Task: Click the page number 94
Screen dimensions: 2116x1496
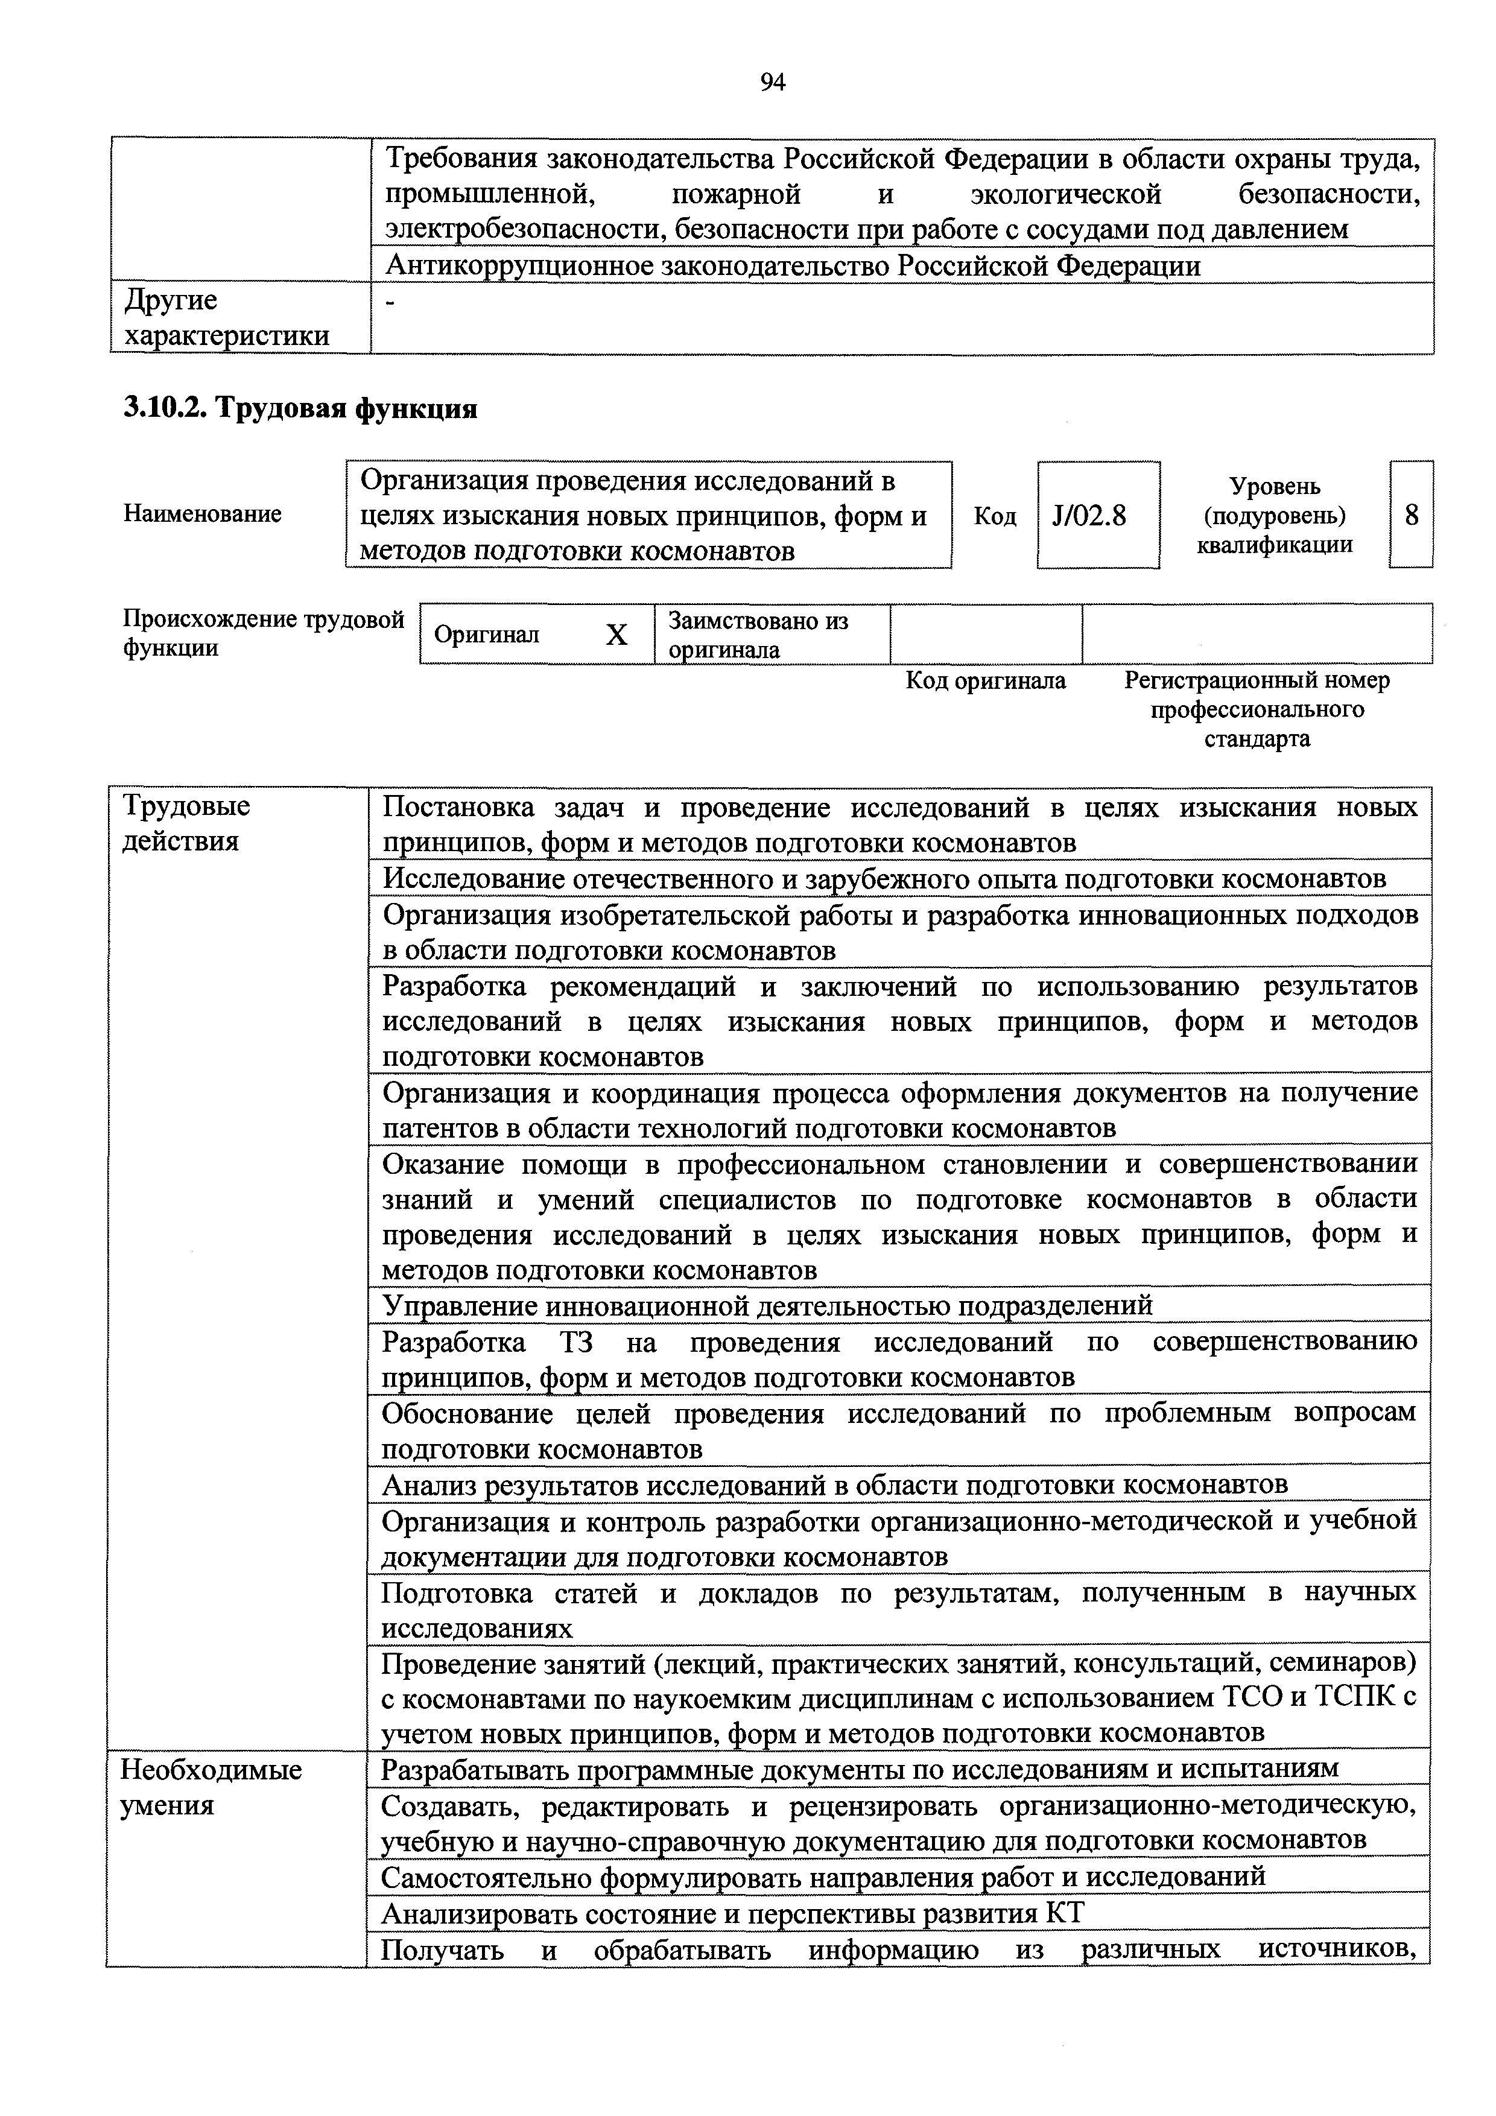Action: click(772, 83)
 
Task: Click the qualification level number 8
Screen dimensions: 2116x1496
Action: click(1411, 515)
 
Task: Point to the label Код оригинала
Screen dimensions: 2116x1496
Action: click(985, 681)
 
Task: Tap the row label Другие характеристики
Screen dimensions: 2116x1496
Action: click(227, 318)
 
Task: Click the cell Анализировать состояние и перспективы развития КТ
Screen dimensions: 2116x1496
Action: click(733, 1914)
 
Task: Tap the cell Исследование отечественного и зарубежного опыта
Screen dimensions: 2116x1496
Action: click(883, 878)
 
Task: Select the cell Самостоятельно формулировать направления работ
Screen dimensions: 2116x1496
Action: click(823, 1877)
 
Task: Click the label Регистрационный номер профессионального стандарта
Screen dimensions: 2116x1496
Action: click(1257, 709)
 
